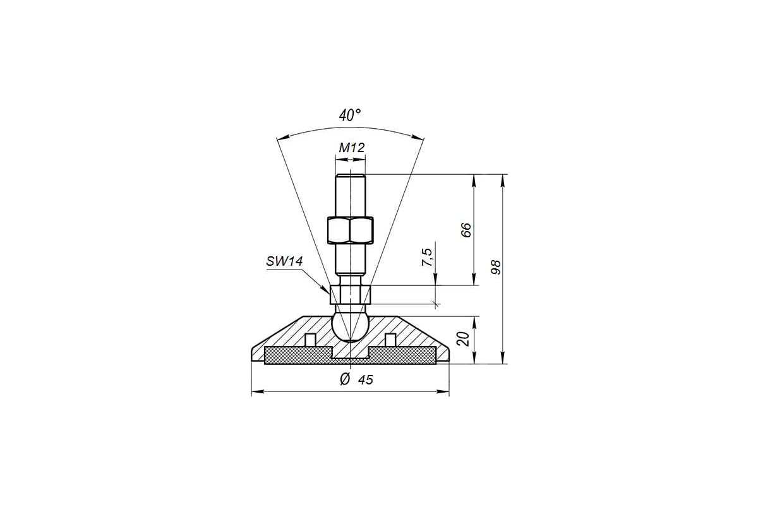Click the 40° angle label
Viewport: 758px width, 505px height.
coord(350,116)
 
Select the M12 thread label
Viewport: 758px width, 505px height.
coord(352,148)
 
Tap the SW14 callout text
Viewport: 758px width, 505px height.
coord(284,261)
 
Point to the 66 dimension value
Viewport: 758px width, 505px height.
coord(466,230)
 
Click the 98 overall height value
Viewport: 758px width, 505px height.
coord(496,267)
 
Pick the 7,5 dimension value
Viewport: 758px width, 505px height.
coord(428,257)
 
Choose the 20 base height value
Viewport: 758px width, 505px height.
coord(463,338)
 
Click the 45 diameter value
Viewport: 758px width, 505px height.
coord(366,380)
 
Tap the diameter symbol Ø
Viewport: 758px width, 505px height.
coord(344,379)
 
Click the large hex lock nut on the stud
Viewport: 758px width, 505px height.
coord(350,230)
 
